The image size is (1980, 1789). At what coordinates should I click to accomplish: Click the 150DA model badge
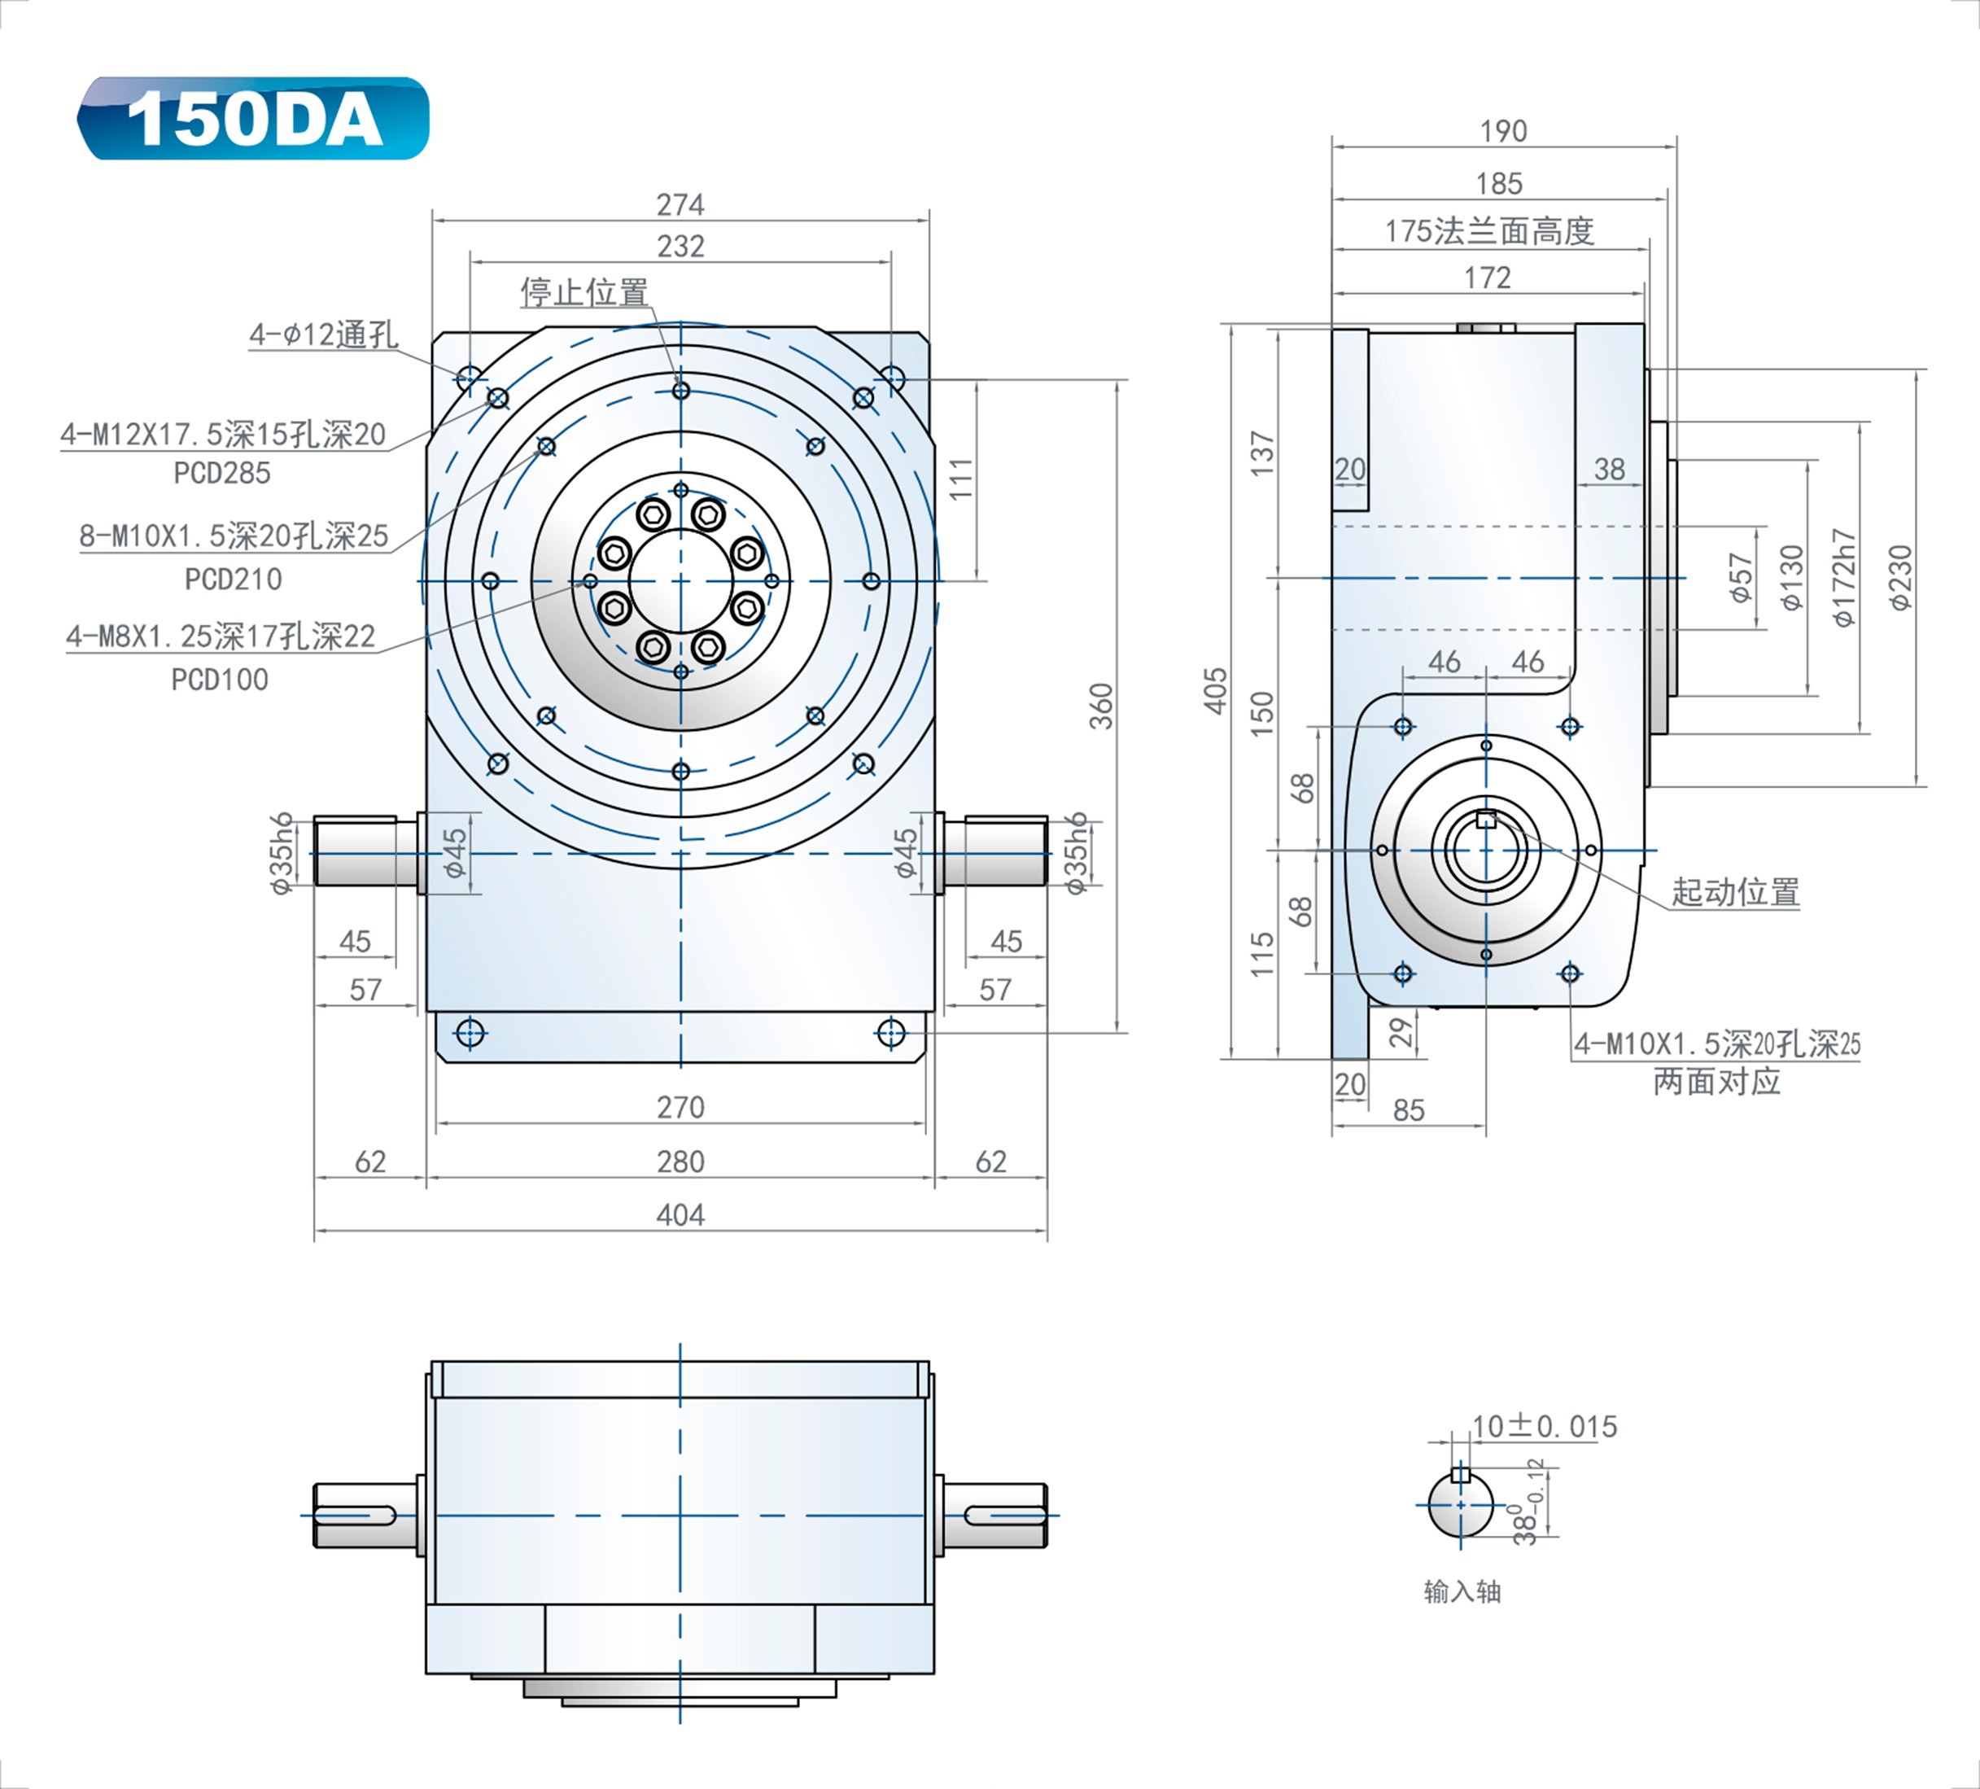(253, 118)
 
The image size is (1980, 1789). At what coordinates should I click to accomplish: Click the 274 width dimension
(680, 204)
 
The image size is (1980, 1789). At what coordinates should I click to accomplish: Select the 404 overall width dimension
(680, 1215)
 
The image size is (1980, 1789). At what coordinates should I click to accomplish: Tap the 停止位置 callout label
(584, 291)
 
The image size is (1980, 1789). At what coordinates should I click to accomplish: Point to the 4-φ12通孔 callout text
(323, 335)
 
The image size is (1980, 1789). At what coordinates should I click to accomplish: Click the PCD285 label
(222, 474)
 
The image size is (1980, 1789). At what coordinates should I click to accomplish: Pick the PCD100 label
(219, 680)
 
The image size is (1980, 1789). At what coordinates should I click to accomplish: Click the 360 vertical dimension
(1102, 706)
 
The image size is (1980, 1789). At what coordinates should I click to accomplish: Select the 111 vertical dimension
(962, 479)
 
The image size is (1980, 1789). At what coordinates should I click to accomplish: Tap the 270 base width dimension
(680, 1107)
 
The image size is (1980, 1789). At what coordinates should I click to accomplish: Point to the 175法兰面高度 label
(1489, 232)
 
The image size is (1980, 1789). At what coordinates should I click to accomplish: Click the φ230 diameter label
(1901, 577)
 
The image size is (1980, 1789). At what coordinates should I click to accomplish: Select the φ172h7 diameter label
(1844, 577)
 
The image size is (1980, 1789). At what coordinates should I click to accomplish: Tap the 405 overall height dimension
(1216, 691)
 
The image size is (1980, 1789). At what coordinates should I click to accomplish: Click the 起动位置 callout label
(1735, 892)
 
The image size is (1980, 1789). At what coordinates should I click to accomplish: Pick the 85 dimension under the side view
(1409, 1110)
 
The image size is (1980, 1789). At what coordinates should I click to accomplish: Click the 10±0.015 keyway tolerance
(1544, 1427)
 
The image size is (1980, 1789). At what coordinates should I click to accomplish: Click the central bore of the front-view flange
(680, 582)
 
